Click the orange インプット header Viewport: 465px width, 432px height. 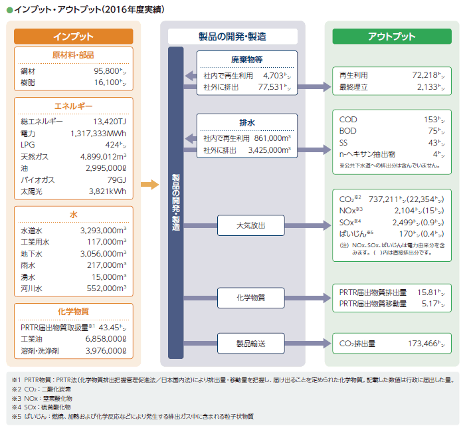click(73, 37)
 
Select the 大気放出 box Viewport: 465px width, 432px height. click(251, 226)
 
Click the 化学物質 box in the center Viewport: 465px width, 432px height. click(251, 297)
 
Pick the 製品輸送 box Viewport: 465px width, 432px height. click(251, 344)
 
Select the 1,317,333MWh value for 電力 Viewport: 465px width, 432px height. click(98, 133)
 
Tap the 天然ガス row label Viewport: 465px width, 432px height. click(34, 157)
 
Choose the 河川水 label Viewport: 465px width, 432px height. click(31, 288)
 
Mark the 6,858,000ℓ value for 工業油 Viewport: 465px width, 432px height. click(101, 338)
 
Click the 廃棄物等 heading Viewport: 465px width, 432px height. click(246, 59)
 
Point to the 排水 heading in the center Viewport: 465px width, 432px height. click(246, 122)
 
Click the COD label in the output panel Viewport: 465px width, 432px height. click(348, 120)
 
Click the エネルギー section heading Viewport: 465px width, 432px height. click(73, 106)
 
